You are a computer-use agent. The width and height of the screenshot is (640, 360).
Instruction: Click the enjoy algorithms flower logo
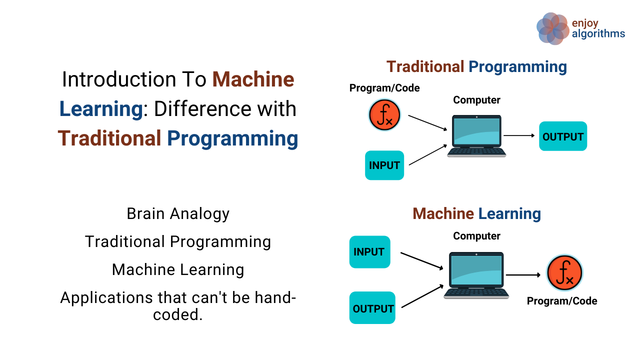pos(552,28)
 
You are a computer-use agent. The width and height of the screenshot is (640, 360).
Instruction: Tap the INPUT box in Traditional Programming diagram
pos(384,165)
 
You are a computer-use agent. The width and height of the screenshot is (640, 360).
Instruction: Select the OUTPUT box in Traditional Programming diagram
pos(562,136)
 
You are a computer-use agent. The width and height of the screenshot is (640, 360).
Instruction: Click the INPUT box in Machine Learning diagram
pos(369,252)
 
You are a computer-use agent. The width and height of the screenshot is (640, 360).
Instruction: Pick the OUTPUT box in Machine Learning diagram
pos(372,308)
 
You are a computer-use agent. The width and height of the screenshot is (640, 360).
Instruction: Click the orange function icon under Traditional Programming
pos(384,115)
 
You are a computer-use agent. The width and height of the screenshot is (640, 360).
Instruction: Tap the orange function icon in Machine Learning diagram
pos(564,273)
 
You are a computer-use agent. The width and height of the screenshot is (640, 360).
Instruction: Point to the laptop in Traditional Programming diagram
pos(476,136)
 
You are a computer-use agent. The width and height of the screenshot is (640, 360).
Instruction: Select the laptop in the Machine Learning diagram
pos(476,275)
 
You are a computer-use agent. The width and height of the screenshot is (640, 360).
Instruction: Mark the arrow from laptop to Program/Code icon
pos(523,274)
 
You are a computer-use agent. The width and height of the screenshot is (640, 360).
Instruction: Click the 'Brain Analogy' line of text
pos(178,213)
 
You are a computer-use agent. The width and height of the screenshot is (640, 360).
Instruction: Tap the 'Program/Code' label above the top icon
pos(384,88)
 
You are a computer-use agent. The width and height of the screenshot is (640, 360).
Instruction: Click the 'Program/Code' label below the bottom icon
pos(562,301)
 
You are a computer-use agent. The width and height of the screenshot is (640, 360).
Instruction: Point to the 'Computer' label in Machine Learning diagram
pos(476,236)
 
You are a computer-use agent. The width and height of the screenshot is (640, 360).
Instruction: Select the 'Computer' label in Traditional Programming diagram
pos(476,100)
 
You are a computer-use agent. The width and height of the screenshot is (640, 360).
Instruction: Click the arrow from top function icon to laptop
pos(427,123)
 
